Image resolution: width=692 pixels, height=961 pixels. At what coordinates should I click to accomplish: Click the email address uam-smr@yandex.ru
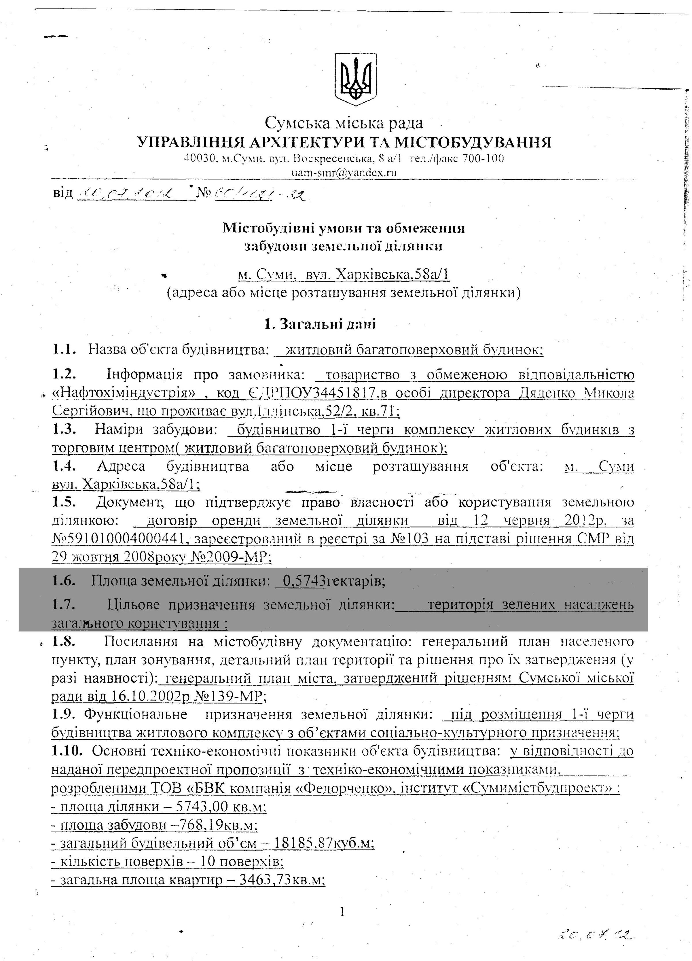pyautogui.click(x=344, y=173)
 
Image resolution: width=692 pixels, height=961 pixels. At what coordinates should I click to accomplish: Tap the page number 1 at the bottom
pyautogui.click(x=342, y=911)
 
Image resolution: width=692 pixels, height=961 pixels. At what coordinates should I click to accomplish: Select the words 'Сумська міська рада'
pyautogui.click(x=344, y=123)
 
